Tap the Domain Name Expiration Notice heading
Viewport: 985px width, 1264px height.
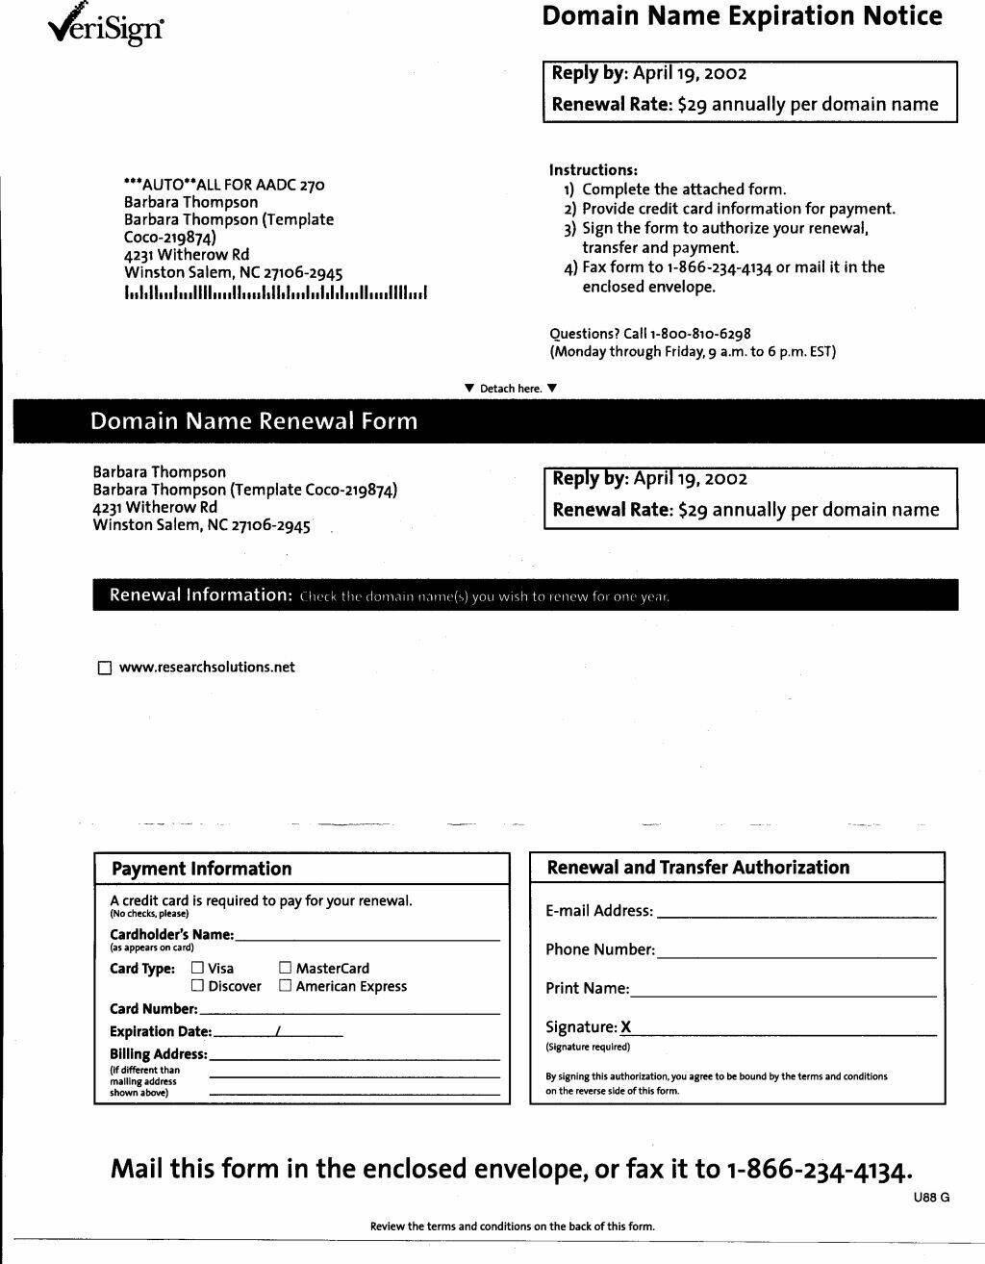742,16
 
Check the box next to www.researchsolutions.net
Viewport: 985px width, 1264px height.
105,668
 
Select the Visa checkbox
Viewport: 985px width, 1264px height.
198,969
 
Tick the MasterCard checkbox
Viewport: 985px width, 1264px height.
286,969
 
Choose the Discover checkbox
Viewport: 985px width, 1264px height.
198,986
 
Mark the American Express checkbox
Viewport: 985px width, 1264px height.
286,986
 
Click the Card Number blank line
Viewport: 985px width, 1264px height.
349,1010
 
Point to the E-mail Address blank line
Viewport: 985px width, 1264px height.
796,913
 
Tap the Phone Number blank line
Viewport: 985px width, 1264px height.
796,952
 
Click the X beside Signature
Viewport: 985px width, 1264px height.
626,1027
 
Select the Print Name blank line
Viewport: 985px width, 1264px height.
784,991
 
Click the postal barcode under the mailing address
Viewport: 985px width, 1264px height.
275,292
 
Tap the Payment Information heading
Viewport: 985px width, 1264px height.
202,869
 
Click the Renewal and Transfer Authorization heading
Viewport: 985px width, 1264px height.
698,868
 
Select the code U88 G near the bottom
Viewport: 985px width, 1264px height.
931,1198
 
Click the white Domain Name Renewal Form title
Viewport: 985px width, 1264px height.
254,421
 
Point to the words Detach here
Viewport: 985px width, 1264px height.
510,389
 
